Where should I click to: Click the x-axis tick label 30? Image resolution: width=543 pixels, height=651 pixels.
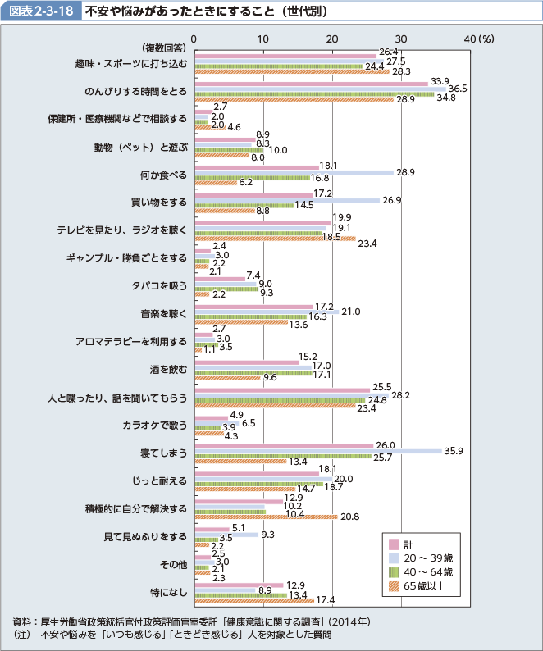pyautogui.click(x=401, y=39)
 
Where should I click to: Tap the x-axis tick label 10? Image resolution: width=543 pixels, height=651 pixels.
pyautogui.click(x=262, y=39)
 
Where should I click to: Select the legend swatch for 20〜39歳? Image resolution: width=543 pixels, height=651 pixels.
pyautogui.click(x=394, y=558)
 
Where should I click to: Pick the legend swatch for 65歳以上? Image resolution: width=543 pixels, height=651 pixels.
pyautogui.click(x=394, y=585)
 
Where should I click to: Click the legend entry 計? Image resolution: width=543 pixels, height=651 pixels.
pyautogui.click(x=415, y=544)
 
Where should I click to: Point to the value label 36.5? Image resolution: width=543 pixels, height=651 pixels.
pyautogui.click(x=458, y=88)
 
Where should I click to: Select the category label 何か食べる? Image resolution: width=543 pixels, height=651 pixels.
pyautogui.click(x=164, y=175)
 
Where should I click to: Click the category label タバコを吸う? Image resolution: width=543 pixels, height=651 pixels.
pyautogui.click(x=162, y=286)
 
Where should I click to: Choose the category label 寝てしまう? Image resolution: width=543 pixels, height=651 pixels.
pyautogui.click(x=164, y=453)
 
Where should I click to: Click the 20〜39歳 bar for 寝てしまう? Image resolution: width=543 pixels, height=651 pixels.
pyautogui.click(x=317, y=451)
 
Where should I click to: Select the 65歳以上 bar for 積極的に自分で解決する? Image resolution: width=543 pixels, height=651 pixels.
pyautogui.click(x=265, y=517)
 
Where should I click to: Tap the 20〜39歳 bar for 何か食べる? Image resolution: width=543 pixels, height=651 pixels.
pyautogui.click(x=294, y=172)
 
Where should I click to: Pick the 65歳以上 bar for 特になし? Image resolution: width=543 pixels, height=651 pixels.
pyautogui.click(x=253, y=600)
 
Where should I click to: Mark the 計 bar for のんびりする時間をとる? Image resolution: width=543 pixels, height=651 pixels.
pyautogui.click(x=311, y=83)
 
